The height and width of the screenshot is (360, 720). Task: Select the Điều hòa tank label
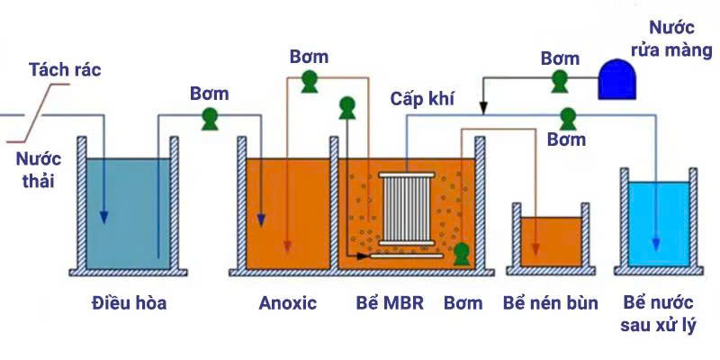click(129, 303)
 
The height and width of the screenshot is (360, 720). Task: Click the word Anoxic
click(288, 303)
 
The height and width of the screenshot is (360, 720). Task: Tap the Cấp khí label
click(420, 97)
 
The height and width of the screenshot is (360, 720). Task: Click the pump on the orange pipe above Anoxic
click(310, 82)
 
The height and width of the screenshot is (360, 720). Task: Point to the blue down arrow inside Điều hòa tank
click(104, 216)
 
